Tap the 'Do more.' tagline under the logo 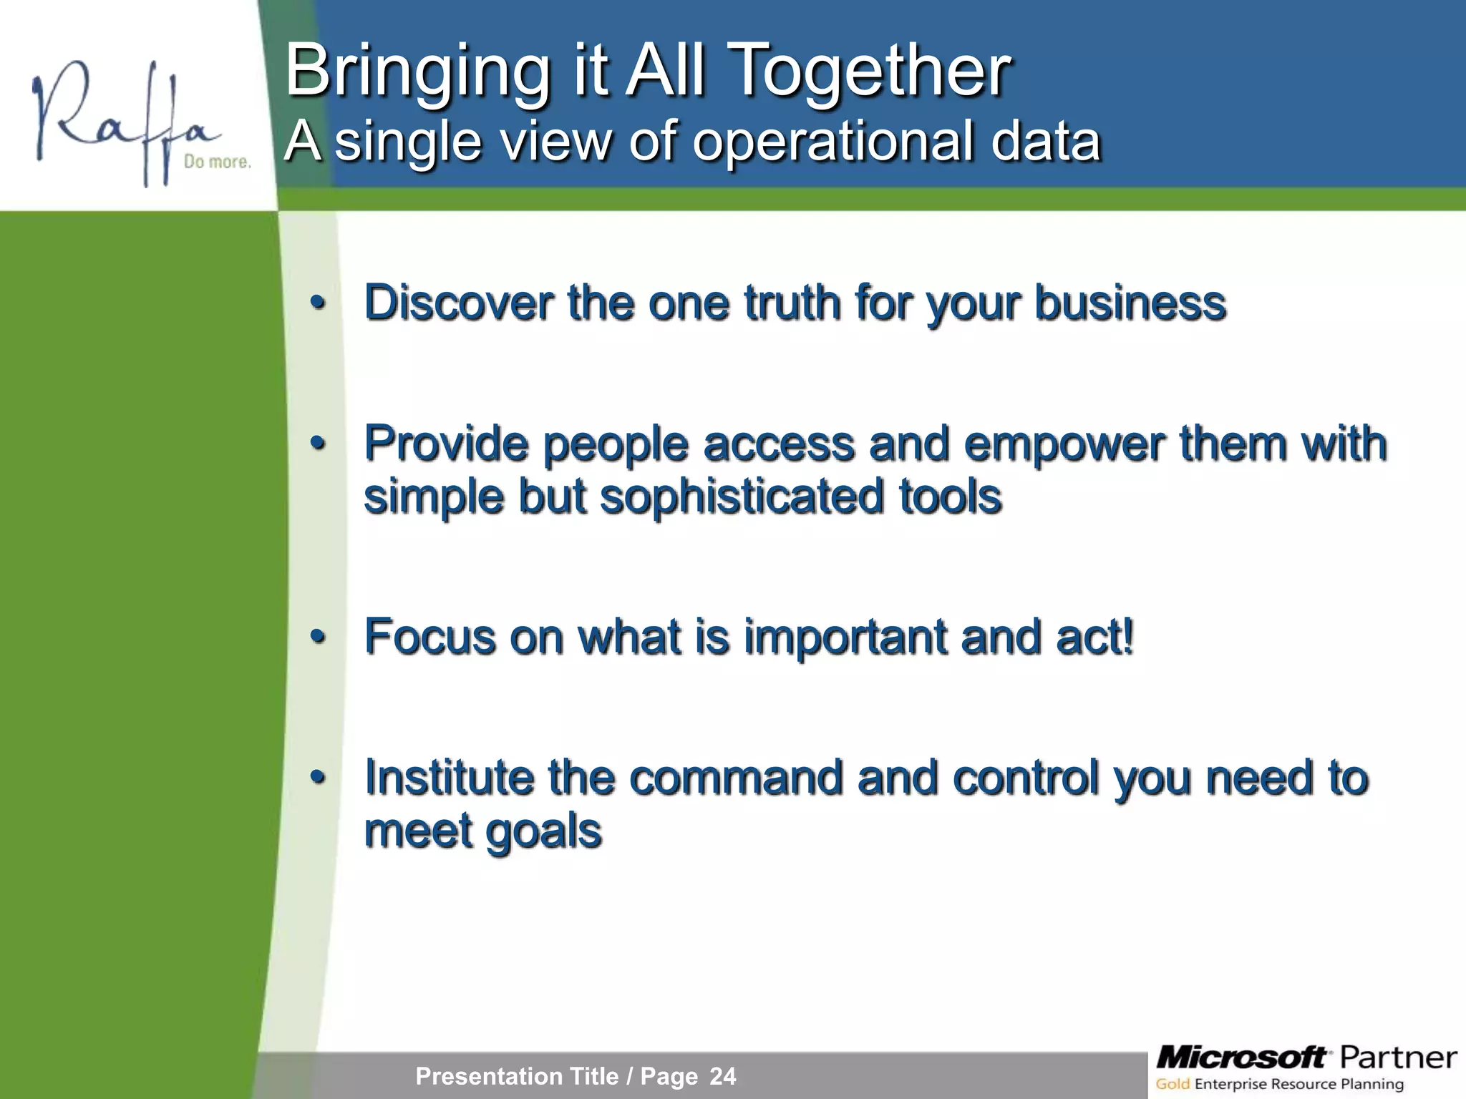point(217,162)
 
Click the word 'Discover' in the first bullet point(458,303)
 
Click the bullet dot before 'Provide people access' point(318,444)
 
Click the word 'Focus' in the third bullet point(429,637)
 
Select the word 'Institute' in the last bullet point(449,778)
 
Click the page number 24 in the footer point(722,1076)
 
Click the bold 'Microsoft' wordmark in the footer point(1241,1057)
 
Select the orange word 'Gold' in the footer point(1173,1085)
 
